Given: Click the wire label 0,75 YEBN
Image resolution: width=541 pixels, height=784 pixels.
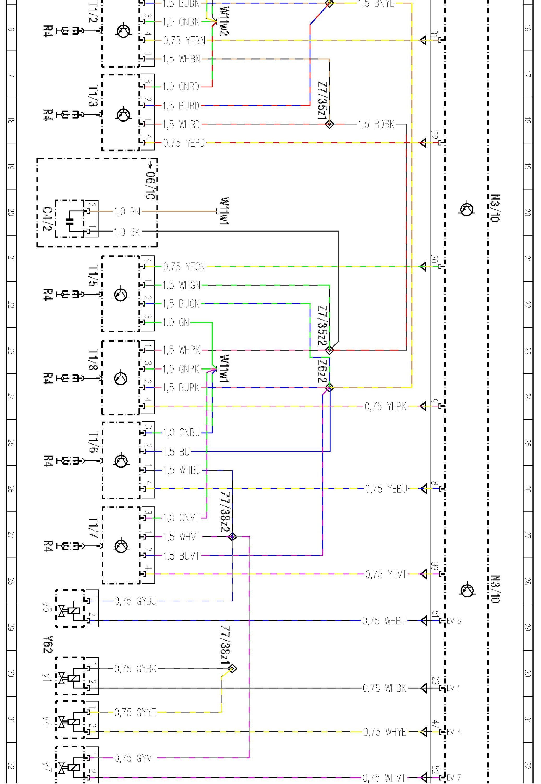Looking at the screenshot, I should point(184,41).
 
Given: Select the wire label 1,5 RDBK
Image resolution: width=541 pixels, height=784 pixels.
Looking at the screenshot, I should point(376,124).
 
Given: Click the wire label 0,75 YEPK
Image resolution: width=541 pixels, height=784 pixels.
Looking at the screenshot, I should point(385,406).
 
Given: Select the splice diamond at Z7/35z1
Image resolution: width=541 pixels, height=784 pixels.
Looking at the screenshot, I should point(330,124).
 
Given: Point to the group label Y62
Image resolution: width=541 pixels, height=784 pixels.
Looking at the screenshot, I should point(48,644).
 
